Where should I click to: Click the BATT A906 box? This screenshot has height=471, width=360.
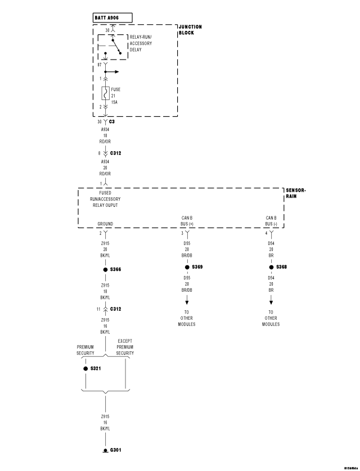coord(113,17)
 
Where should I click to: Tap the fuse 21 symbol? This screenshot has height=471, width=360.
coord(105,94)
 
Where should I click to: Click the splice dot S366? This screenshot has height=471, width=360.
coord(105,270)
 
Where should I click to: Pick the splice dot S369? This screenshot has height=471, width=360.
coord(187,267)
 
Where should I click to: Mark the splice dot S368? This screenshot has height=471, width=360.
coord(271,267)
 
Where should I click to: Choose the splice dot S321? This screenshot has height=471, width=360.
coord(85,369)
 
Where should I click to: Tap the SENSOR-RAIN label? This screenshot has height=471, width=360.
coord(296,193)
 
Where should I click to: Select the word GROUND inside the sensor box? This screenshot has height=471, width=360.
coord(105,224)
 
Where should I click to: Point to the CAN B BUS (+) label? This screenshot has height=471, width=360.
coord(187,220)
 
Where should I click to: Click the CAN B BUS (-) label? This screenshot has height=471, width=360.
coord(271,220)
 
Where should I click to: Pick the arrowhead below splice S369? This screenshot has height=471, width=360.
coord(187,303)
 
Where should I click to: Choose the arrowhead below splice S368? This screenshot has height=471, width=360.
coord(271,303)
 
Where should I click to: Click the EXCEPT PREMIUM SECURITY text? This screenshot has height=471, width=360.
coord(125,347)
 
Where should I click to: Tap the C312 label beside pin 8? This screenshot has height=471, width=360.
coord(116,152)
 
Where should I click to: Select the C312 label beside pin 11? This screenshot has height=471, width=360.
coord(116,309)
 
